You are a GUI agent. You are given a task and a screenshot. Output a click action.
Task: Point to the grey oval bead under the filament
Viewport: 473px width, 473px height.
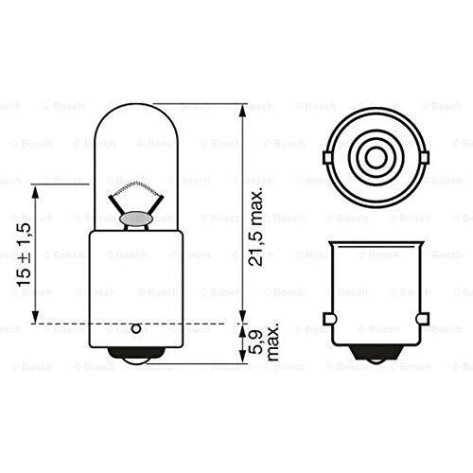(136, 219)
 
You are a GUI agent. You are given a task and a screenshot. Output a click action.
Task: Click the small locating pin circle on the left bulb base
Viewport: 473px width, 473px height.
(135, 328)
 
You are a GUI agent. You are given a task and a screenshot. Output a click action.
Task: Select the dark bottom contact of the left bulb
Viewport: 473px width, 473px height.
(135, 354)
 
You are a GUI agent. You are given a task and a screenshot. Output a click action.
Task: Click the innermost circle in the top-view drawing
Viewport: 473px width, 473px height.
(376, 158)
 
